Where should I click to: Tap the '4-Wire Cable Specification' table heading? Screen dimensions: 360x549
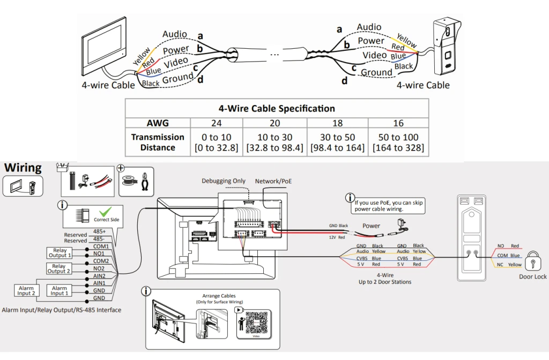pos(277,108)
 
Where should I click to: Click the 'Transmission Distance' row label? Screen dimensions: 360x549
pos(158,142)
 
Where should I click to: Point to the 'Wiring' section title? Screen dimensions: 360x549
pos(23,168)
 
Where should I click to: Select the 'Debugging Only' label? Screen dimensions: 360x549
pos(224,181)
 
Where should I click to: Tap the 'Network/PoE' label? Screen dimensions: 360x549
pos(274,181)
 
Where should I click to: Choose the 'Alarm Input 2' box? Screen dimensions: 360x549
pos(26,291)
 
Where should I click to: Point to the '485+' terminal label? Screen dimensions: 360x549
pos(100,231)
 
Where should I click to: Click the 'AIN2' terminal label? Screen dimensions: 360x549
pos(100,276)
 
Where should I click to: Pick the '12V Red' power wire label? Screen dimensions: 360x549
pos(337,236)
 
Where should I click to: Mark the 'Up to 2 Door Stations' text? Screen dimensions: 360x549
pos(385,282)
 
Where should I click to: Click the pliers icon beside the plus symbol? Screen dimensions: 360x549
pos(145,179)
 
